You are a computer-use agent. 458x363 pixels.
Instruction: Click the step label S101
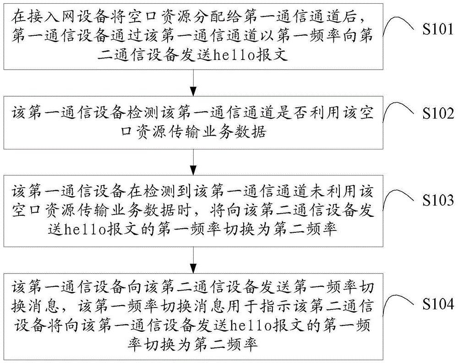click(438, 29)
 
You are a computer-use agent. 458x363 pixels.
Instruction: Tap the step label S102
click(438, 113)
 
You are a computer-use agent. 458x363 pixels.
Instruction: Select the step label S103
click(438, 200)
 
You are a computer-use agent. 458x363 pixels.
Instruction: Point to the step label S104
click(438, 304)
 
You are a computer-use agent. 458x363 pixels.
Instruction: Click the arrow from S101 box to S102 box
click(193, 82)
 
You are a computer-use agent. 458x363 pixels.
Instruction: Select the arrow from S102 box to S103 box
click(193, 162)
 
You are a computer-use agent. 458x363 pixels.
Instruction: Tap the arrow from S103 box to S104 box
click(193, 260)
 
